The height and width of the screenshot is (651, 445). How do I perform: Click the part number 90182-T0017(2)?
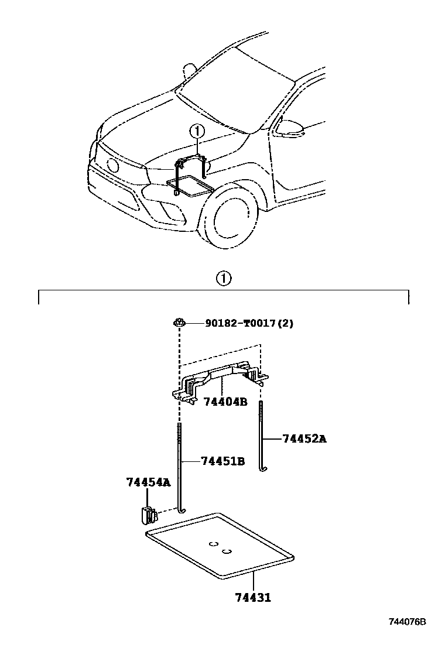click(x=249, y=323)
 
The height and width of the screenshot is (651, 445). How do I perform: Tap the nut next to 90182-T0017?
click(x=179, y=322)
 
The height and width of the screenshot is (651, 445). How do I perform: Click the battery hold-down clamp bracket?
click(x=220, y=378)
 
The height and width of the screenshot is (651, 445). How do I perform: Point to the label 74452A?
click(x=304, y=438)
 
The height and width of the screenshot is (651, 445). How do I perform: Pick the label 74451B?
click(x=222, y=461)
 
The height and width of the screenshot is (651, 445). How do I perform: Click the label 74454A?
click(x=148, y=482)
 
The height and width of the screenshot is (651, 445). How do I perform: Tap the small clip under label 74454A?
click(x=148, y=515)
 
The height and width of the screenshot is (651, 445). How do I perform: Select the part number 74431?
click(x=253, y=598)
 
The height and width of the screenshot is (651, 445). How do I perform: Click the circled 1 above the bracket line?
click(x=223, y=279)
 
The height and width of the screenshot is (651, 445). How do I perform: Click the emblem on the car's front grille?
click(x=112, y=165)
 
